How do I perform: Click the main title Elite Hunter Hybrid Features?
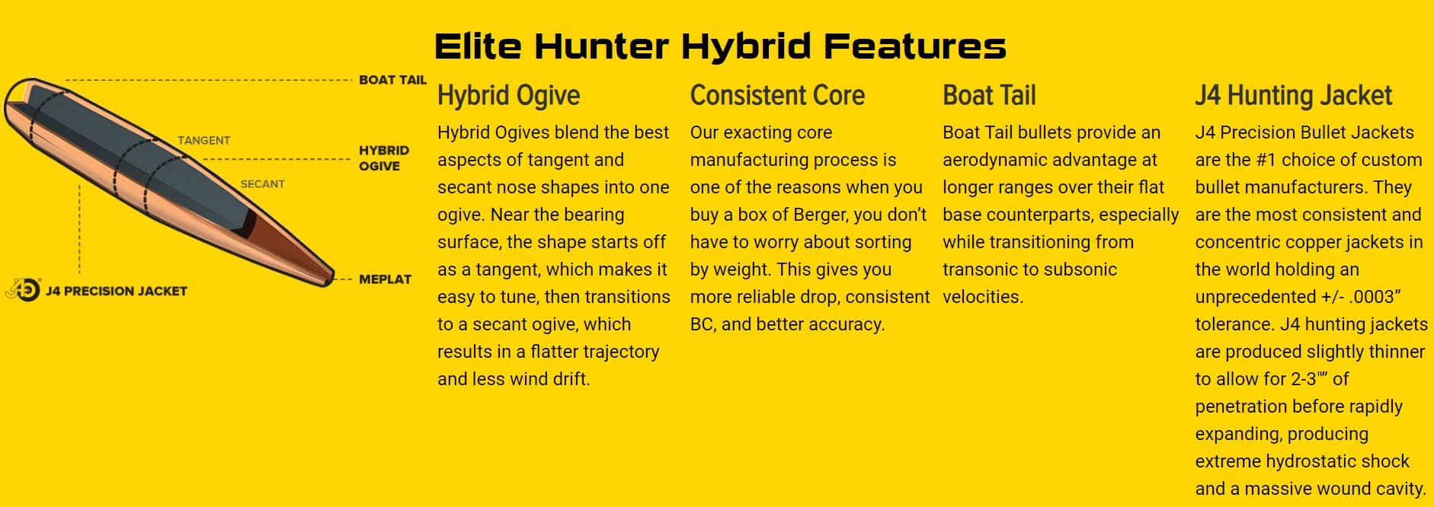coord(720,46)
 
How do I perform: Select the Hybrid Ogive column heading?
coord(508,96)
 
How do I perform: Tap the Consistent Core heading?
coord(777,95)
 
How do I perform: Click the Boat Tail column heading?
coord(989,95)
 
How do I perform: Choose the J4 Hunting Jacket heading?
coord(1293,96)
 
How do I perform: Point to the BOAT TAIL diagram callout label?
coord(392,80)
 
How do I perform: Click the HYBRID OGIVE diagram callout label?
coord(384,158)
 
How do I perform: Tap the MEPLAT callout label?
coord(385,279)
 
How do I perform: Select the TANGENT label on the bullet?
coord(203,141)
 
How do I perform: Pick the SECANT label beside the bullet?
coord(262,184)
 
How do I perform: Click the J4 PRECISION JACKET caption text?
coord(116,291)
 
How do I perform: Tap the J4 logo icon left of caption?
coord(22,289)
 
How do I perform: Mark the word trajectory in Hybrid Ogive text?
coord(617,352)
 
